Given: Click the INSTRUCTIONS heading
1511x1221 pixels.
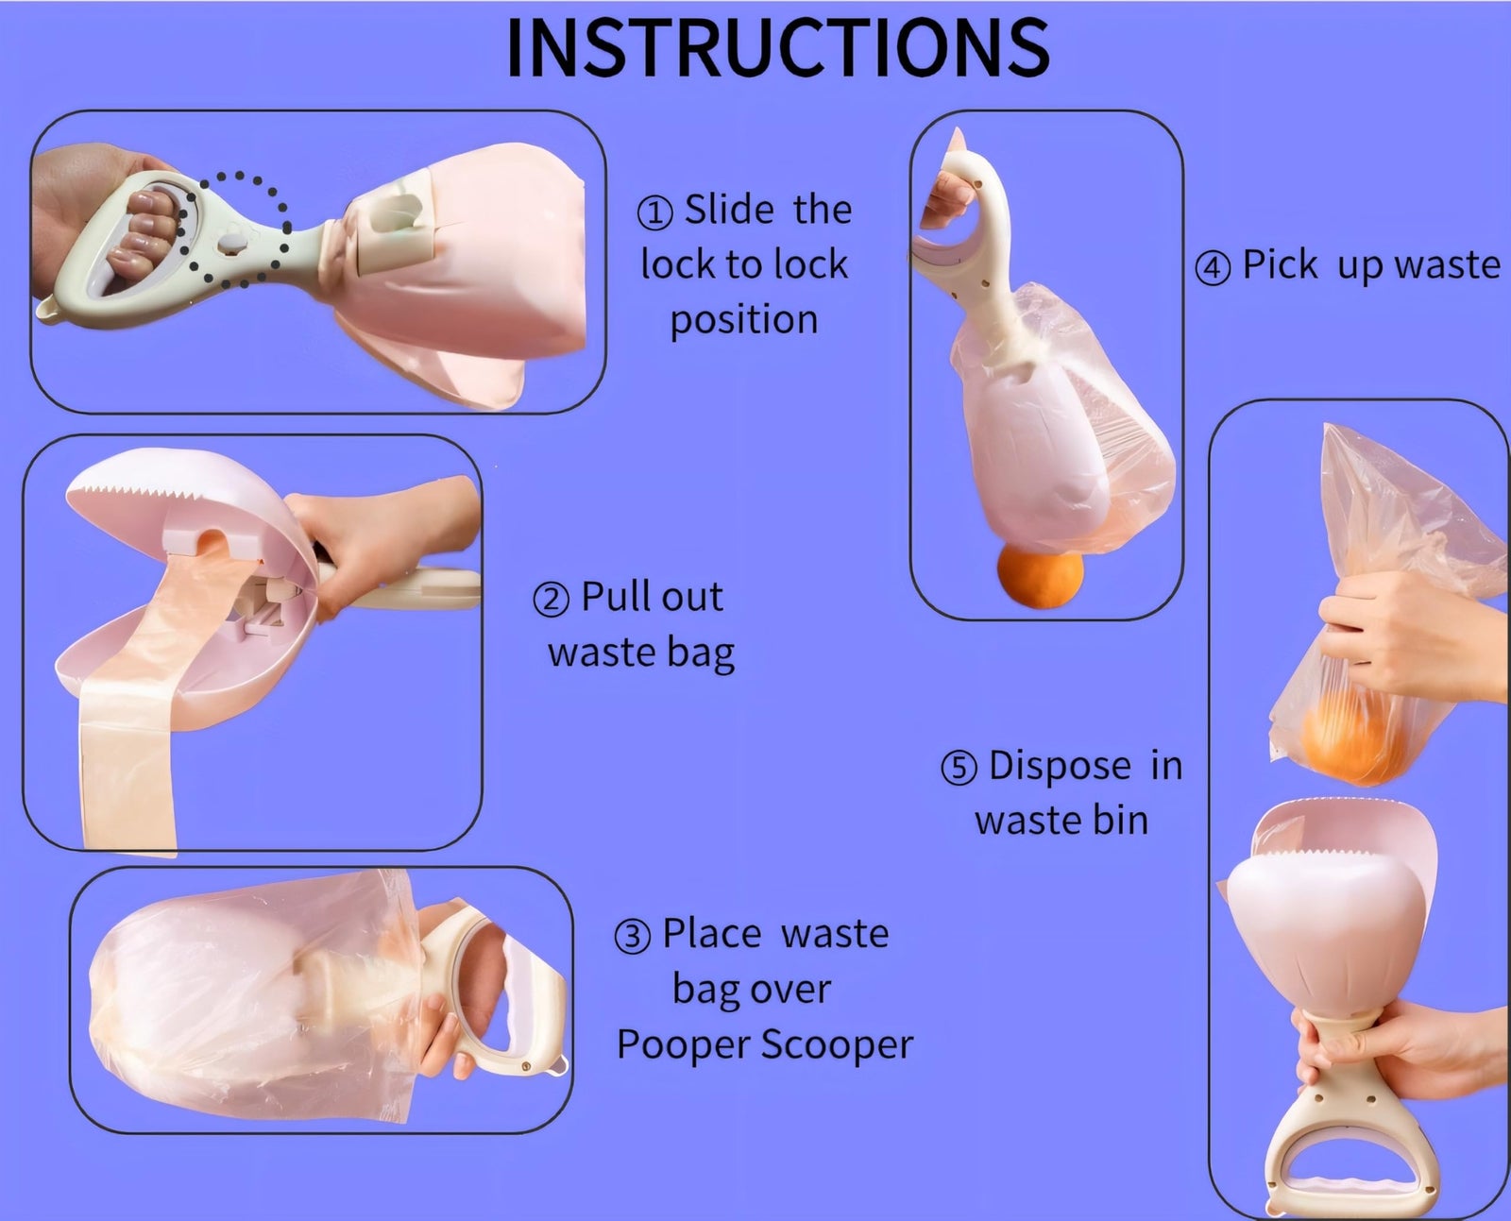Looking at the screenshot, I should (777, 47).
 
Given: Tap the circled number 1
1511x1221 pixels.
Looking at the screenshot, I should (655, 212).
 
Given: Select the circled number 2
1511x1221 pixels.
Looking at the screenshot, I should (552, 600).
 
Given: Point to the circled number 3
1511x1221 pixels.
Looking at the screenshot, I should (633, 937).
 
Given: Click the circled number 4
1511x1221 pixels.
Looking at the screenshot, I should (1213, 268).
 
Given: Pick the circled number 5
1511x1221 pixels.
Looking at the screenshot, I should (959, 768).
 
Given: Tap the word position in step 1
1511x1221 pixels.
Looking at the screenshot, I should (744, 320).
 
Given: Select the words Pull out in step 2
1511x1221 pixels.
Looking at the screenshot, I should (652, 597).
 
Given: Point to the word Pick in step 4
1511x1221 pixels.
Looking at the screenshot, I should (1280, 265).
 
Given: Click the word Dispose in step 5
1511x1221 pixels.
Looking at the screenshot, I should (1060, 766).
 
